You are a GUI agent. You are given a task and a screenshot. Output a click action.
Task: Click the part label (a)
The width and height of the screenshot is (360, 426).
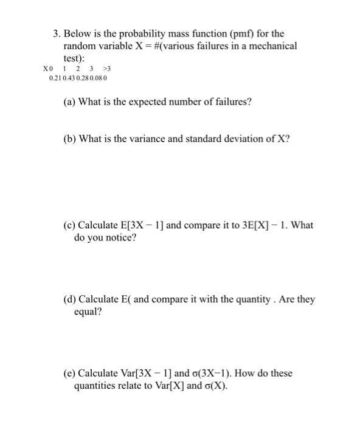(70, 102)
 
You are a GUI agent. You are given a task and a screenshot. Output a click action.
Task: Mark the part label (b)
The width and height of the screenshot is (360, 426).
(70, 139)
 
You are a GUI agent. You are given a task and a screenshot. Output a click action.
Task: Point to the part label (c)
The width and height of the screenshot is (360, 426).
(70, 225)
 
